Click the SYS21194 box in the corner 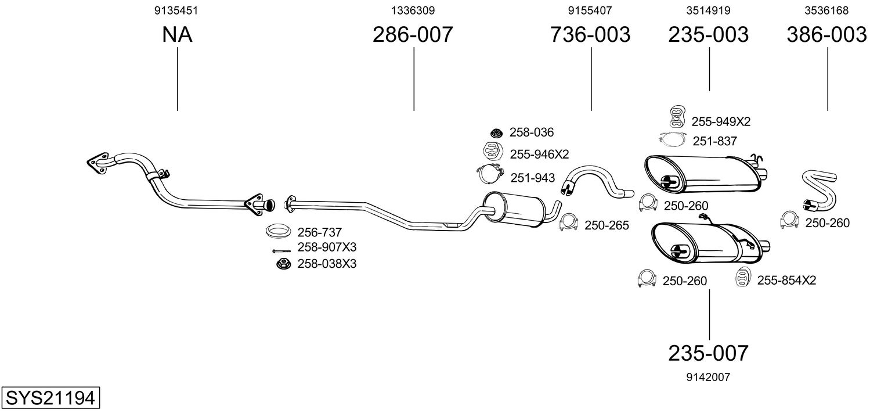pyautogui.click(x=50, y=398)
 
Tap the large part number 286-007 pyautogui.click(x=412, y=35)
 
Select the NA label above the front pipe pyautogui.click(x=177, y=35)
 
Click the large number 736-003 pyautogui.click(x=590, y=35)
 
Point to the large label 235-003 pyautogui.click(x=708, y=35)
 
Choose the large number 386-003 pyautogui.click(x=826, y=35)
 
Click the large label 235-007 pyautogui.click(x=708, y=353)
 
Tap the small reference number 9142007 pyautogui.click(x=708, y=377)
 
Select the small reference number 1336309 pyautogui.click(x=413, y=10)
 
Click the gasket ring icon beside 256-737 pyautogui.click(x=279, y=231)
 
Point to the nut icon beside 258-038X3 pyautogui.click(x=283, y=264)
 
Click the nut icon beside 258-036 pyautogui.click(x=496, y=133)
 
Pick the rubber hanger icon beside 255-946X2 pyautogui.click(x=493, y=152)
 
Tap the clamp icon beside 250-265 pyautogui.click(x=570, y=224)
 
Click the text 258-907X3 pyautogui.click(x=327, y=247)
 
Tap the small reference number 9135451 pyautogui.click(x=177, y=10)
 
